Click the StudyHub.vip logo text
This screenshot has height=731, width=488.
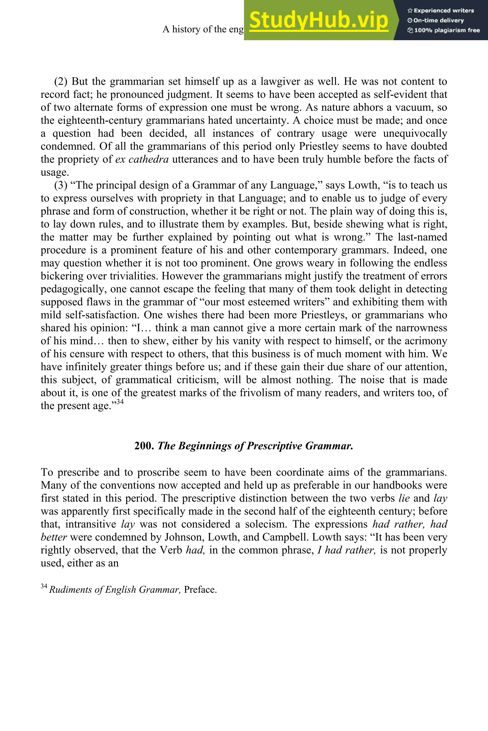[319, 20]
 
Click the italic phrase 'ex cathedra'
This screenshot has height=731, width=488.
[142, 159]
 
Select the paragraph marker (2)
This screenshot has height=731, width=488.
[61, 81]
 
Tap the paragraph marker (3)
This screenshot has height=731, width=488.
[61, 185]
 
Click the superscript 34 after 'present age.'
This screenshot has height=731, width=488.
[120, 402]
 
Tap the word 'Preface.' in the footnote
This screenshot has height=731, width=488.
[200, 590]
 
